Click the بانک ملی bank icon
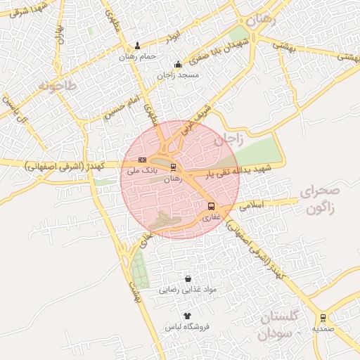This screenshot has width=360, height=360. click(143, 160)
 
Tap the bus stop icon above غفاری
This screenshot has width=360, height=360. click(211, 206)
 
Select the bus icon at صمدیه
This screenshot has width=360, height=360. click(323, 317)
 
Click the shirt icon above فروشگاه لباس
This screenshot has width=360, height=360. click(186, 316)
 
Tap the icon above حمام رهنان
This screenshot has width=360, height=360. click(137, 45)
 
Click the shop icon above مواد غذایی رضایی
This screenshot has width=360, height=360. click(187, 278)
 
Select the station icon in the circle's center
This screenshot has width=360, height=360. click(173, 167)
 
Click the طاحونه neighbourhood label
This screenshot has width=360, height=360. click(61, 87)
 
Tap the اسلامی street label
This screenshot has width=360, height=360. click(251, 207)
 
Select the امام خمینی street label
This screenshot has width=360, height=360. click(118, 108)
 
